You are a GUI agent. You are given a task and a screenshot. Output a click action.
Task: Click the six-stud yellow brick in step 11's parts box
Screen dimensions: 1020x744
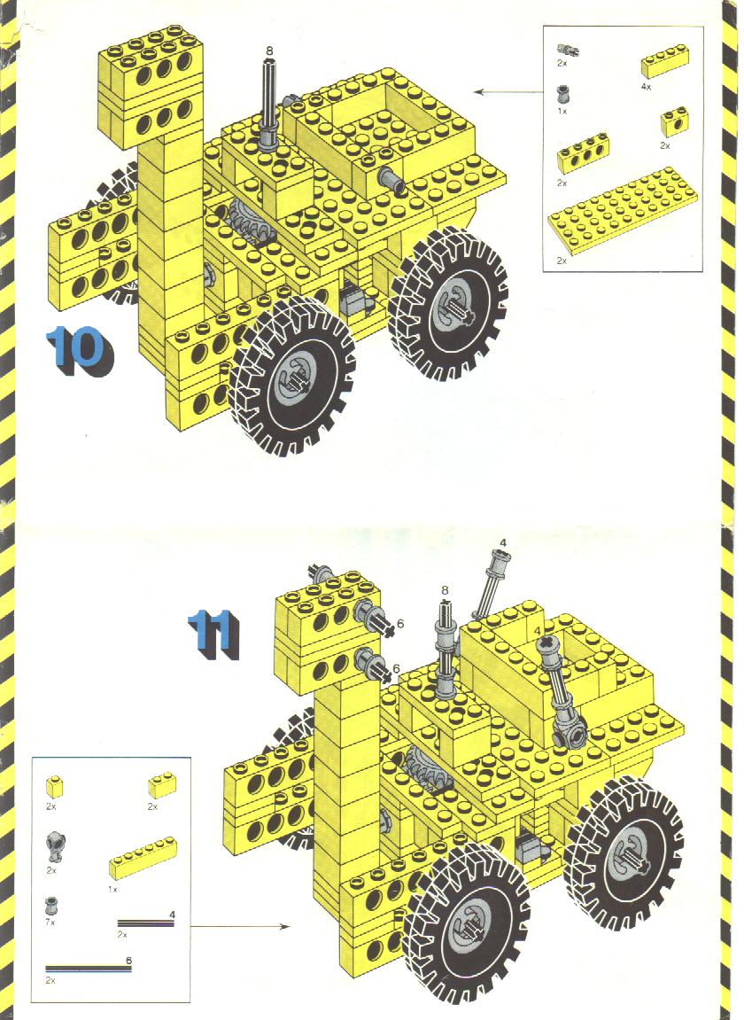pyautogui.click(x=143, y=857)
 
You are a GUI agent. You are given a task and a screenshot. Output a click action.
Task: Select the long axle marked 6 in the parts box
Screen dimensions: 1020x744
pyautogui.click(x=89, y=969)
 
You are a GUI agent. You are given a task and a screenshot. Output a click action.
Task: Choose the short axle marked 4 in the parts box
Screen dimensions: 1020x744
pyautogui.click(x=146, y=923)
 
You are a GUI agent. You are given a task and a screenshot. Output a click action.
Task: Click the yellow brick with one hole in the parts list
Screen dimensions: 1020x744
pyautogui.click(x=674, y=121)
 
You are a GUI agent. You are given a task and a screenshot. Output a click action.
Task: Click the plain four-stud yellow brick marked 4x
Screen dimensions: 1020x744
pyautogui.click(x=664, y=65)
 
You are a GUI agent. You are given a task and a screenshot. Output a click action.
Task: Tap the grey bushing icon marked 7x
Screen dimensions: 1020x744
pyautogui.click(x=51, y=905)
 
